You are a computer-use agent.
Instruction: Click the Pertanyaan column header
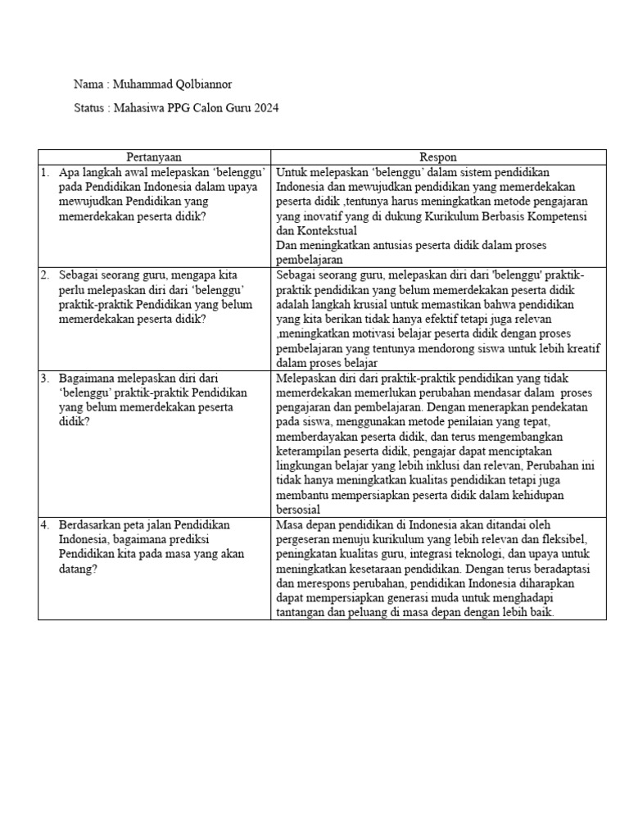tap(154, 157)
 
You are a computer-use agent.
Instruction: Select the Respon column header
tap(438, 157)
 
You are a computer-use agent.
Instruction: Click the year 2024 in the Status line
tap(265, 108)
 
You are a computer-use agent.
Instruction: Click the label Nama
tap(88, 84)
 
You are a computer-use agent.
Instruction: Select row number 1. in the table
tap(45, 172)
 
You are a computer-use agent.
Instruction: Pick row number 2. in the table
tap(45, 274)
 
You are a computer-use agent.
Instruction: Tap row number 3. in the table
tap(45, 379)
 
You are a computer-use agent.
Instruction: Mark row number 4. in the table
tap(45, 524)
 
